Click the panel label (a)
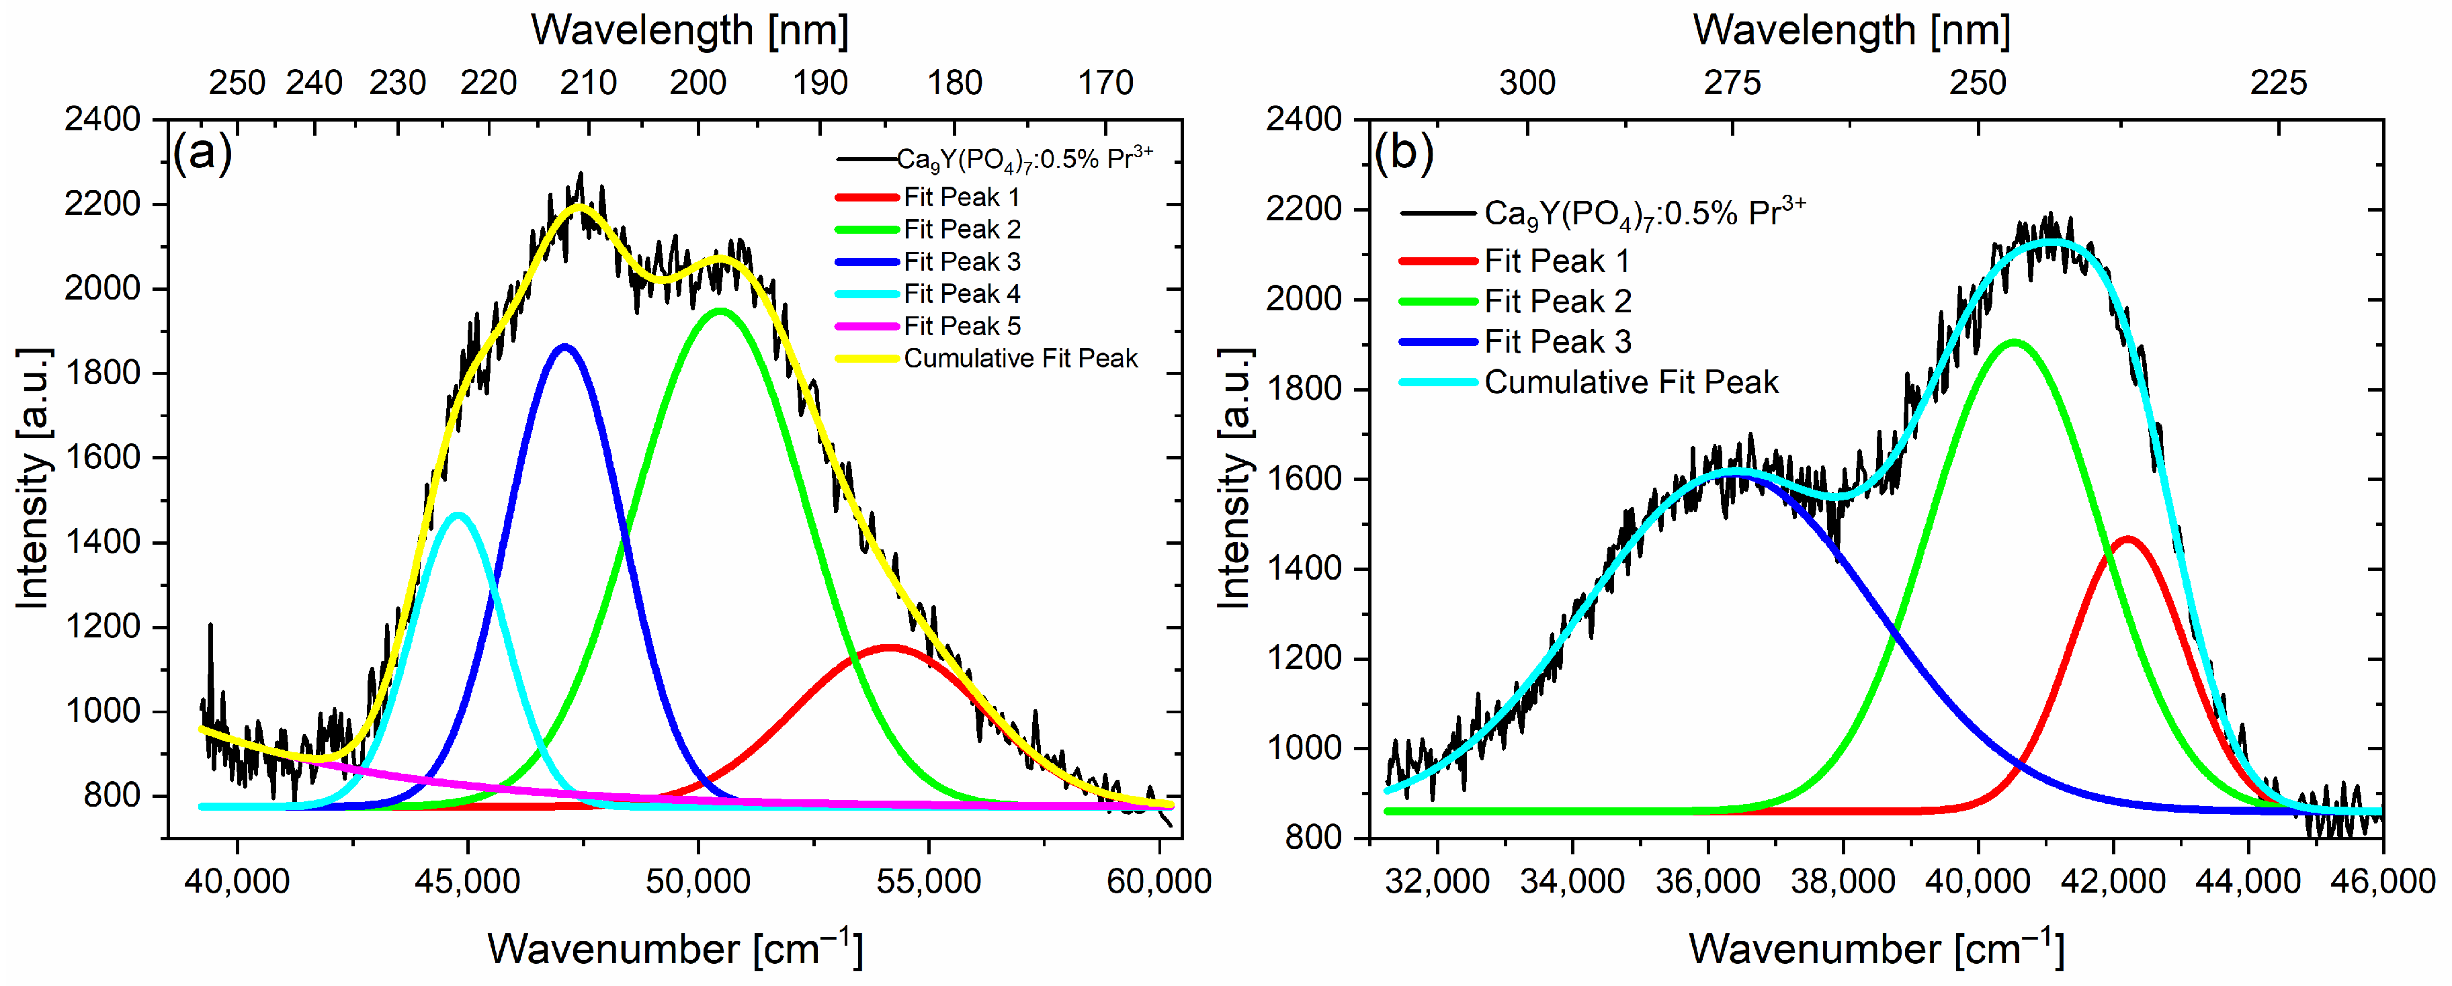point(202,152)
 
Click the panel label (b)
point(1403,152)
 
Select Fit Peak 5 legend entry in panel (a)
point(962,326)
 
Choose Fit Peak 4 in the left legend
point(962,294)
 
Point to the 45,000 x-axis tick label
point(466,881)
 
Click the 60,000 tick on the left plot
point(1158,881)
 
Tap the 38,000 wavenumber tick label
point(1843,881)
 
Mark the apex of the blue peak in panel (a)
point(565,347)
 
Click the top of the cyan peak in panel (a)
point(459,515)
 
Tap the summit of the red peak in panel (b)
point(2127,539)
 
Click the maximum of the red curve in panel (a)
point(888,648)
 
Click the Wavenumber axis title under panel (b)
point(1875,949)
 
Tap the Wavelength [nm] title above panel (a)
point(689,30)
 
